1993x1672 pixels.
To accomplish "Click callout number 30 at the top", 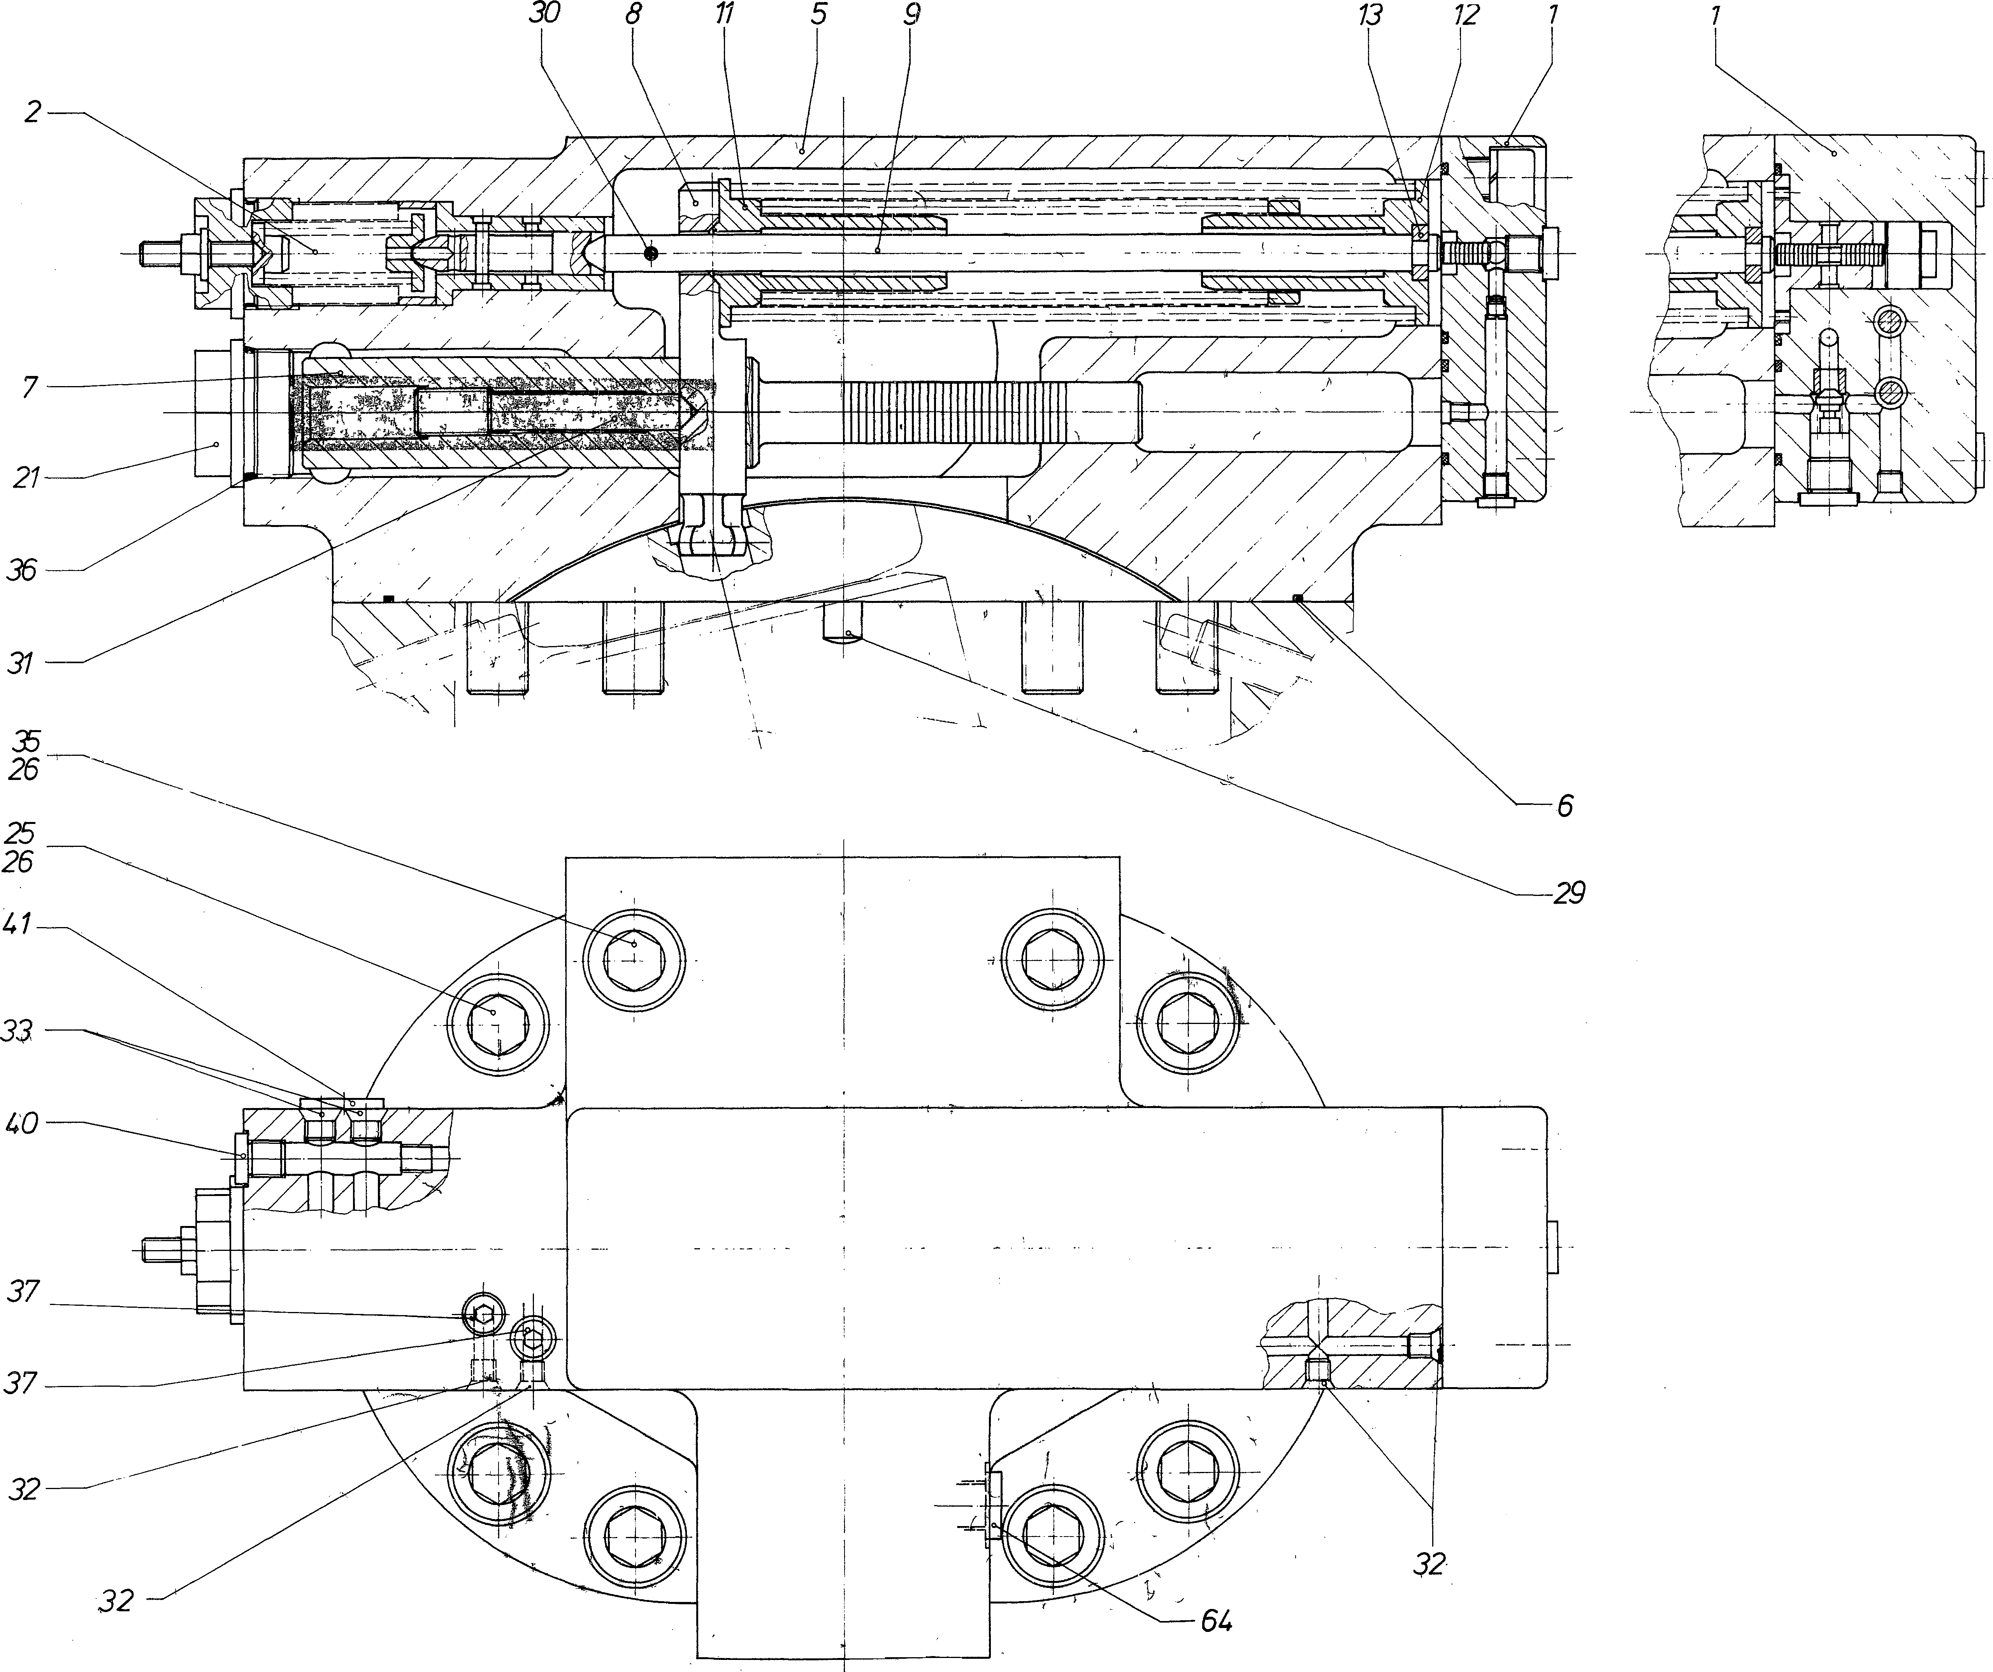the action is (547, 14).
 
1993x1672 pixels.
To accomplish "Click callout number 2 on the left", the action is (33, 113).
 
